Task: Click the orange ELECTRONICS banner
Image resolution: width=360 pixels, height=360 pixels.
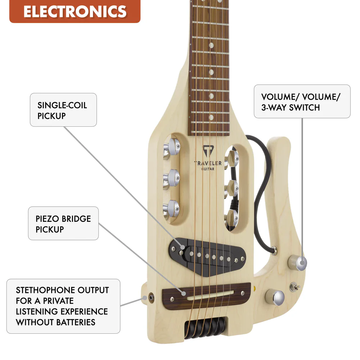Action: click(x=75, y=11)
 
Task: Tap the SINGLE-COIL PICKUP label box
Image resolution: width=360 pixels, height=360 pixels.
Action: click(x=63, y=110)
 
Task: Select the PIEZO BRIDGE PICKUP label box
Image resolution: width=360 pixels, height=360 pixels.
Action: click(x=63, y=224)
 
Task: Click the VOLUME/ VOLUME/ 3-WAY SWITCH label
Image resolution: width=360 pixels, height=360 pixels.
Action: click(x=302, y=102)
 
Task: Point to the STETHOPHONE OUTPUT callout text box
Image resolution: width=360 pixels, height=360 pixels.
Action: click(x=63, y=306)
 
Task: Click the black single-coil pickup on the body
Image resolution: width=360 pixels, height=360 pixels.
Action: click(x=207, y=256)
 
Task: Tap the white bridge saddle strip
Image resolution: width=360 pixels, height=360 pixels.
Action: click(x=210, y=296)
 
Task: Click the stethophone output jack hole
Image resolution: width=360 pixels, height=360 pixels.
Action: click(x=151, y=298)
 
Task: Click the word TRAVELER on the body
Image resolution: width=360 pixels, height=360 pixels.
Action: click(x=208, y=163)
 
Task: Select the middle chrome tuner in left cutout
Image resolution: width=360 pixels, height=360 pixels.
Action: click(x=171, y=179)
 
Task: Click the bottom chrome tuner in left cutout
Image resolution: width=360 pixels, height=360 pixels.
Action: click(x=171, y=209)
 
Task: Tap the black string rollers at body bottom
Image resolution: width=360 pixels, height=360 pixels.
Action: click(x=205, y=328)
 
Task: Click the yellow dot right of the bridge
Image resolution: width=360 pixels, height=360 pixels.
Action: click(x=254, y=288)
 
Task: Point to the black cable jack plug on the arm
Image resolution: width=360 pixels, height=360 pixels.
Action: click(x=274, y=250)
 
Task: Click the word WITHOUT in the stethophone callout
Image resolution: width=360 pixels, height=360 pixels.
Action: click(x=35, y=322)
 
